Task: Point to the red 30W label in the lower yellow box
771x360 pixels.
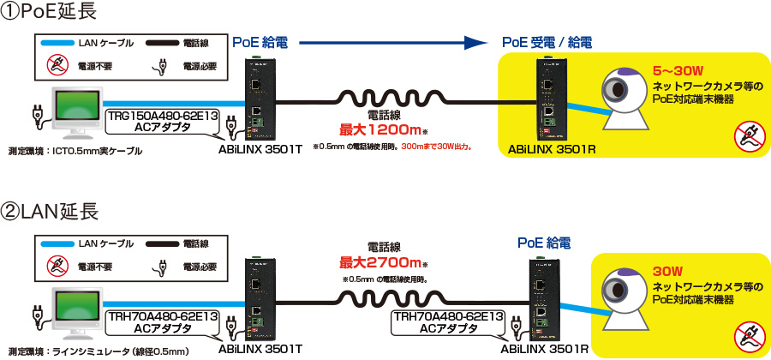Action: [x=666, y=267]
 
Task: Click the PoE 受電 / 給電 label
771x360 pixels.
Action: [x=546, y=42]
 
